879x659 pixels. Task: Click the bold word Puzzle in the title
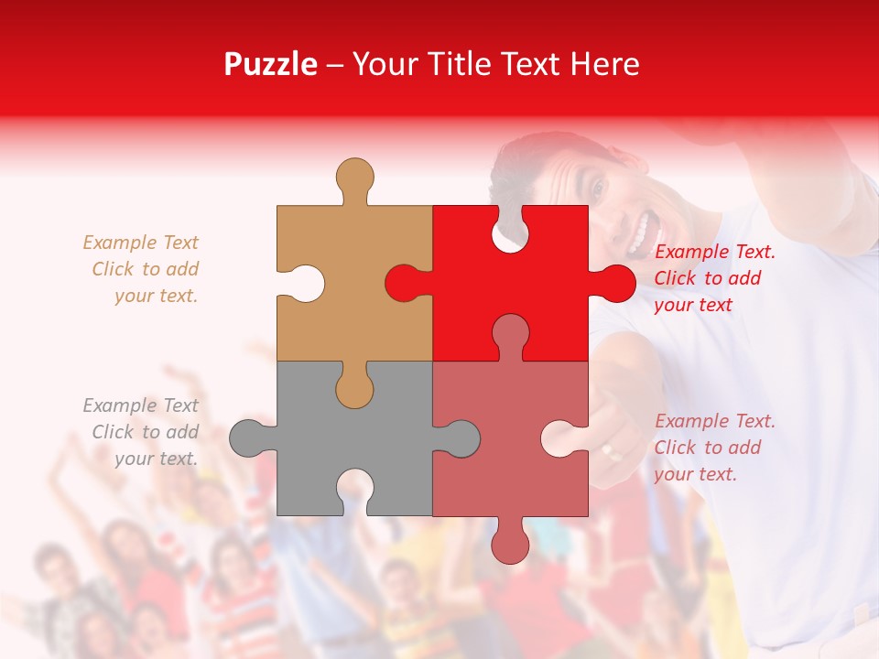tap(270, 64)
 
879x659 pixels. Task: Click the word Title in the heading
tap(472, 64)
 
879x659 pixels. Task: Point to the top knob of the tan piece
tap(354, 178)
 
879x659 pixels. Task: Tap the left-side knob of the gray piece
tap(249, 438)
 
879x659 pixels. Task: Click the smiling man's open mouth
tap(643, 232)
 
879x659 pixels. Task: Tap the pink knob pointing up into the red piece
tap(510, 334)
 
